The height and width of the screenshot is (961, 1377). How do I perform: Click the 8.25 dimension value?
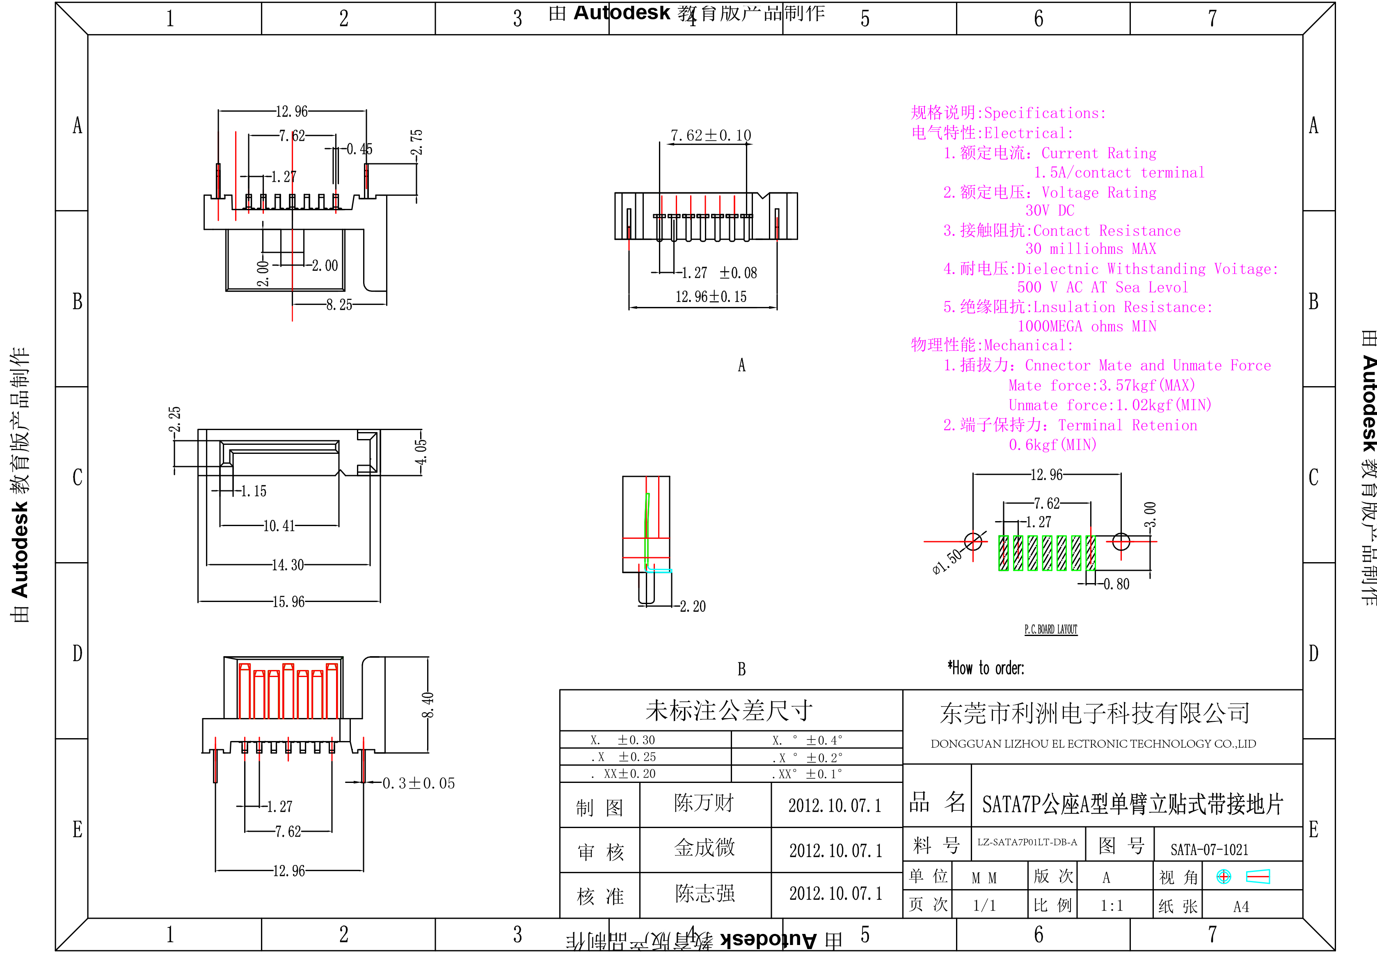click(x=339, y=305)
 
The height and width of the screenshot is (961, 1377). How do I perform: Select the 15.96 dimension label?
click(x=288, y=602)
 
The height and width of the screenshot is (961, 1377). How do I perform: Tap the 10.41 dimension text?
click(x=279, y=526)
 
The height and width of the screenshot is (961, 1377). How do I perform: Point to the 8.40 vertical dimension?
click(x=428, y=705)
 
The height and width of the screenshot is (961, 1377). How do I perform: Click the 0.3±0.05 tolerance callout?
click(x=419, y=783)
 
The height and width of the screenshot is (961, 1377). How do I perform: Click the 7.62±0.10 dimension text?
click(x=711, y=135)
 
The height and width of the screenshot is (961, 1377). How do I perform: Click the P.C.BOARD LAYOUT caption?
click(x=1051, y=629)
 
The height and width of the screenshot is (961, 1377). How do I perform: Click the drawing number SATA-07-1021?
click(x=1209, y=850)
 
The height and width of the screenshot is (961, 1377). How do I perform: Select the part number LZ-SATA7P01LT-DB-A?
click(x=1027, y=842)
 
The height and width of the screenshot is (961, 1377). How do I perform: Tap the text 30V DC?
click(x=1050, y=211)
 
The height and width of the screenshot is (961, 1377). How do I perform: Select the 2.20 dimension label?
click(x=693, y=606)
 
